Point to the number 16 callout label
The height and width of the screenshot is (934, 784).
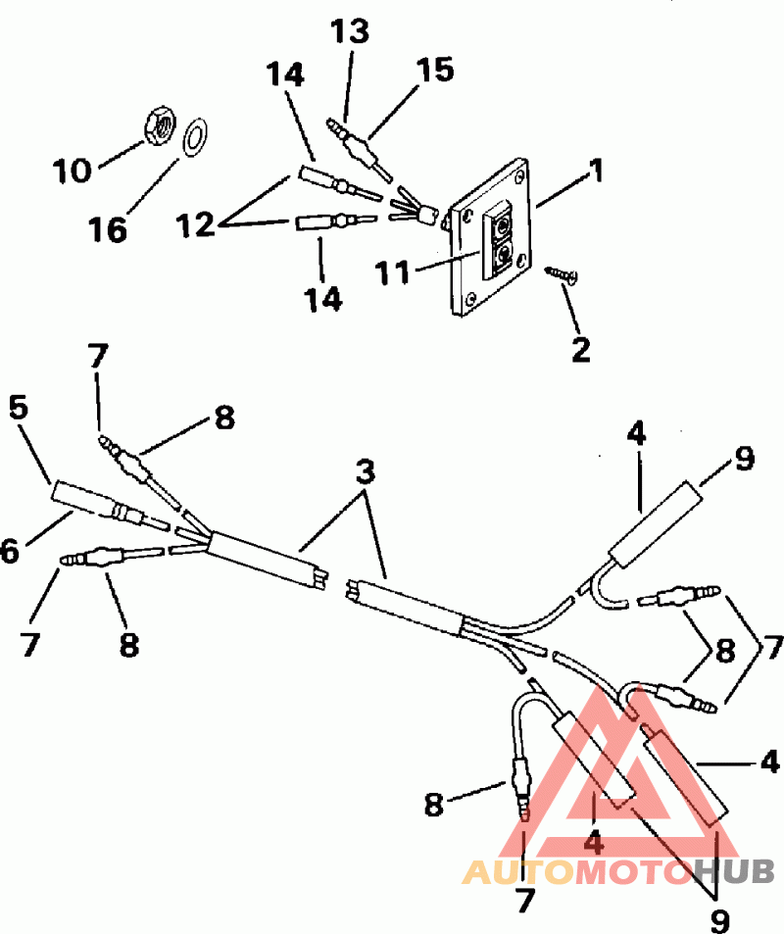pyautogui.click(x=110, y=229)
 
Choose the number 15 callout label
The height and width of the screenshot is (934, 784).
pyautogui.click(x=436, y=71)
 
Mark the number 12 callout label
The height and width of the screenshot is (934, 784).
pyautogui.click(x=195, y=224)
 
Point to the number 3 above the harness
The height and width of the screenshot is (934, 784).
pyautogui.click(x=366, y=471)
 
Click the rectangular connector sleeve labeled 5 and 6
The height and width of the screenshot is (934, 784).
pyautogui.click(x=75, y=497)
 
